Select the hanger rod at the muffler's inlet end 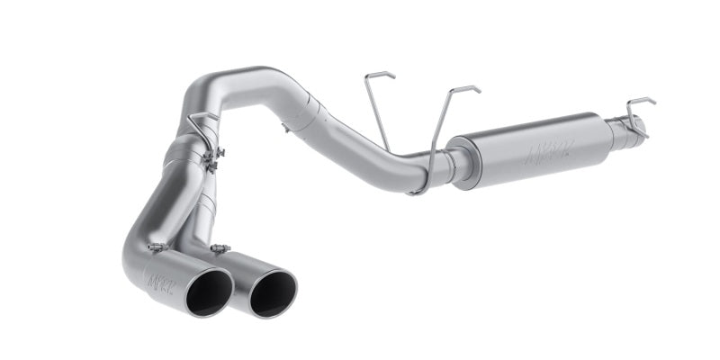coord(447,135)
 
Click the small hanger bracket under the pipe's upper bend coord(285,129)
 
